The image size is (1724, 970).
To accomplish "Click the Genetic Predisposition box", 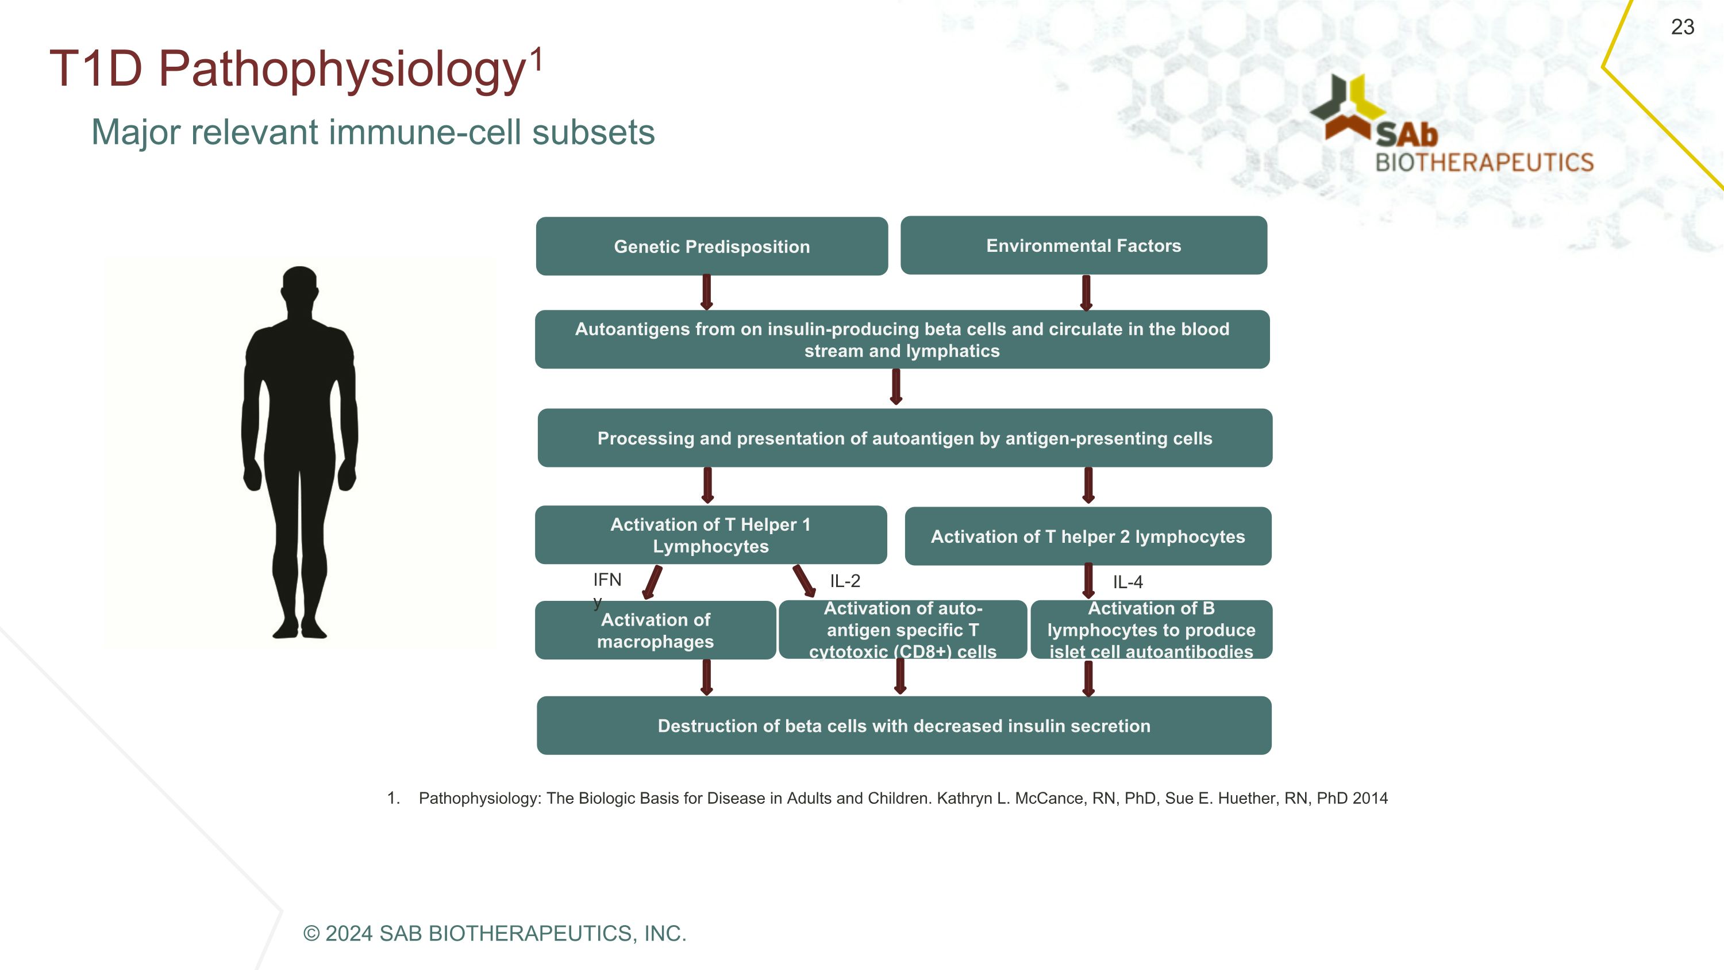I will (711, 246).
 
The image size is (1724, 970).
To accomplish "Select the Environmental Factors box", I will (1083, 246).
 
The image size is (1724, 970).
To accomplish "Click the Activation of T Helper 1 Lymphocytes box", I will (711, 535).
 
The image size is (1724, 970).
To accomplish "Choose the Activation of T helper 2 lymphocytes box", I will (1087, 536).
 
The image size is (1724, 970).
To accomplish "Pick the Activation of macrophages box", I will (655, 631).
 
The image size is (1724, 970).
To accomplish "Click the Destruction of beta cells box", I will (903, 726).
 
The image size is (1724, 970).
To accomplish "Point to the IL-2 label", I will (845, 581).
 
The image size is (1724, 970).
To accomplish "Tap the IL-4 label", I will (1127, 582).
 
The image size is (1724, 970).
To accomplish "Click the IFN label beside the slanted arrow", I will (607, 580).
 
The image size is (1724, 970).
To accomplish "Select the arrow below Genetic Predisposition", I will (707, 293).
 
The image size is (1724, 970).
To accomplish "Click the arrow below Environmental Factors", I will (1086, 293).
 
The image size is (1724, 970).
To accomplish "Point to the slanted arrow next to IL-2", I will (804, 580).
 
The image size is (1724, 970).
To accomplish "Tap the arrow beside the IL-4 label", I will (1088, 580).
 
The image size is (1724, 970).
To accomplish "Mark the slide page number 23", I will (1683, 27).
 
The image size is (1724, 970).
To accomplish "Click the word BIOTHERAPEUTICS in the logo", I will (1484, 163).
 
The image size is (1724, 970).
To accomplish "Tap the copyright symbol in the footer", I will (311, 933).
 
